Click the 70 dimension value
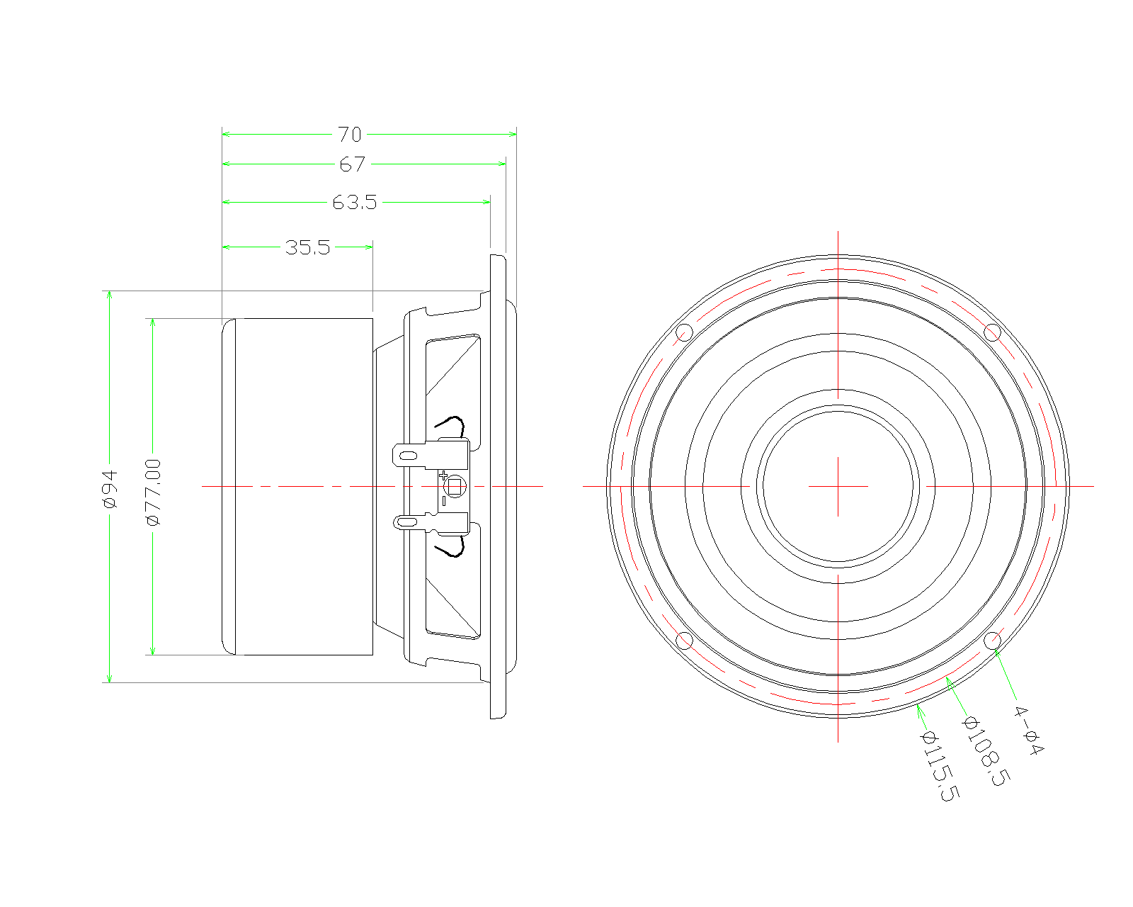point(349,134)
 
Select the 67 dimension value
point(352,164)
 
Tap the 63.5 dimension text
point(355,203)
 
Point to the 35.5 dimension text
point(307,247)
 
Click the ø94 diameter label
point(110,489)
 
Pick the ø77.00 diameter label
point(154,492)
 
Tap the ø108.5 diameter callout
point(985,751)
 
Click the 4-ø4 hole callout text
point(1028,731)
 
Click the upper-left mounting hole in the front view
point(684,332)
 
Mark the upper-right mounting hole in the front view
point(993,332)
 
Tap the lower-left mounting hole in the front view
point(684,641)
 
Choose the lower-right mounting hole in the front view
point(993,641)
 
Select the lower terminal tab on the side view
point(409,523)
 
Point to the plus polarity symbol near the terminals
point(443,475)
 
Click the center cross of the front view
point(838,486)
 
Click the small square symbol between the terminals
point(455,487)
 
